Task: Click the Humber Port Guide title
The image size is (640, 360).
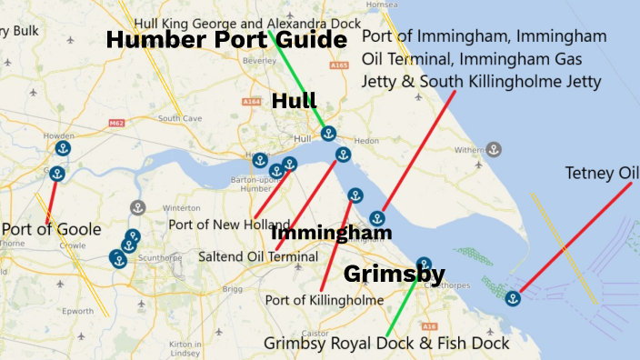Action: point(226,41)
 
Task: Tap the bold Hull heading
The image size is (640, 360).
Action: point(294,101)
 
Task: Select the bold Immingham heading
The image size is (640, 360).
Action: point(332,233)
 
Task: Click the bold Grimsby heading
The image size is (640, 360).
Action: point(394,274)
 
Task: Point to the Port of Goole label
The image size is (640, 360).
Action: point(51,228)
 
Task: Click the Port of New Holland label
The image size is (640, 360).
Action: point(229,225)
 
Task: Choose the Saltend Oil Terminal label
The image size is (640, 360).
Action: point(258,257)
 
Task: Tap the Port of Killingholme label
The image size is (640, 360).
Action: point(325,299)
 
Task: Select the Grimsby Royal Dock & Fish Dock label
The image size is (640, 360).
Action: point(387,344)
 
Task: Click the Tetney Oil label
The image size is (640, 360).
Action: point(601,173)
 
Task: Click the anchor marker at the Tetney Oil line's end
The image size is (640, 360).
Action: point(513,297)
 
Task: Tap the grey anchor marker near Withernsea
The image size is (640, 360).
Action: point(494,149)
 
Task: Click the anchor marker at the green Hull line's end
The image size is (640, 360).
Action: point(328,134)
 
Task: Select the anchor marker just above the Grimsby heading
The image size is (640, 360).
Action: point(424,264)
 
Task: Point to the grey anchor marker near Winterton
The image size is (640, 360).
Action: point(137,208)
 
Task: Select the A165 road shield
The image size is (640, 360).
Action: point(339,65)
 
